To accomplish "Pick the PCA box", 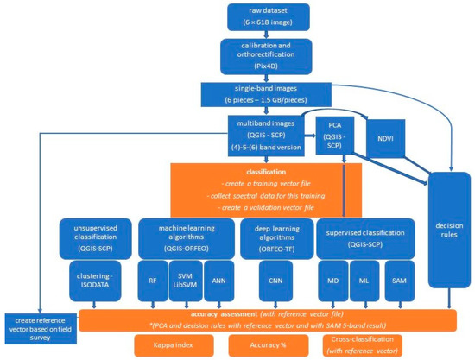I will [x=331, y=133].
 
